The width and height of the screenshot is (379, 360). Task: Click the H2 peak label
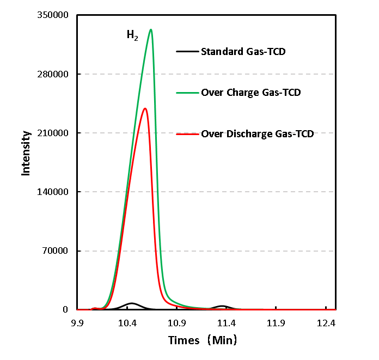pos(132,36)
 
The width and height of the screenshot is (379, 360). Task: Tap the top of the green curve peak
pos(151,30)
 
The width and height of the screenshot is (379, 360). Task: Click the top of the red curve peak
pos(145,108)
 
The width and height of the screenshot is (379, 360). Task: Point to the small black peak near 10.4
pos(131,303)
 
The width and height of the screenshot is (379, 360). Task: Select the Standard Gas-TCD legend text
pos(243,52)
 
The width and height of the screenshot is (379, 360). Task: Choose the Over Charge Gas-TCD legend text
pos(251,93)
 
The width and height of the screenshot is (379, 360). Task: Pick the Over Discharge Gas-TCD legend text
pos(258,133)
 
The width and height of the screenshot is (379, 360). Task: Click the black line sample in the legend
pos(187,52)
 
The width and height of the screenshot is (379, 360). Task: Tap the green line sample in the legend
pos(187,93)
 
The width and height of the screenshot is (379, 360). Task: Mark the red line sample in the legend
pos(187,133)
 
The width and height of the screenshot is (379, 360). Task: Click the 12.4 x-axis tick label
pos(326,323)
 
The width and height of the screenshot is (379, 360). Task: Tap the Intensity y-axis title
pos(26,153)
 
